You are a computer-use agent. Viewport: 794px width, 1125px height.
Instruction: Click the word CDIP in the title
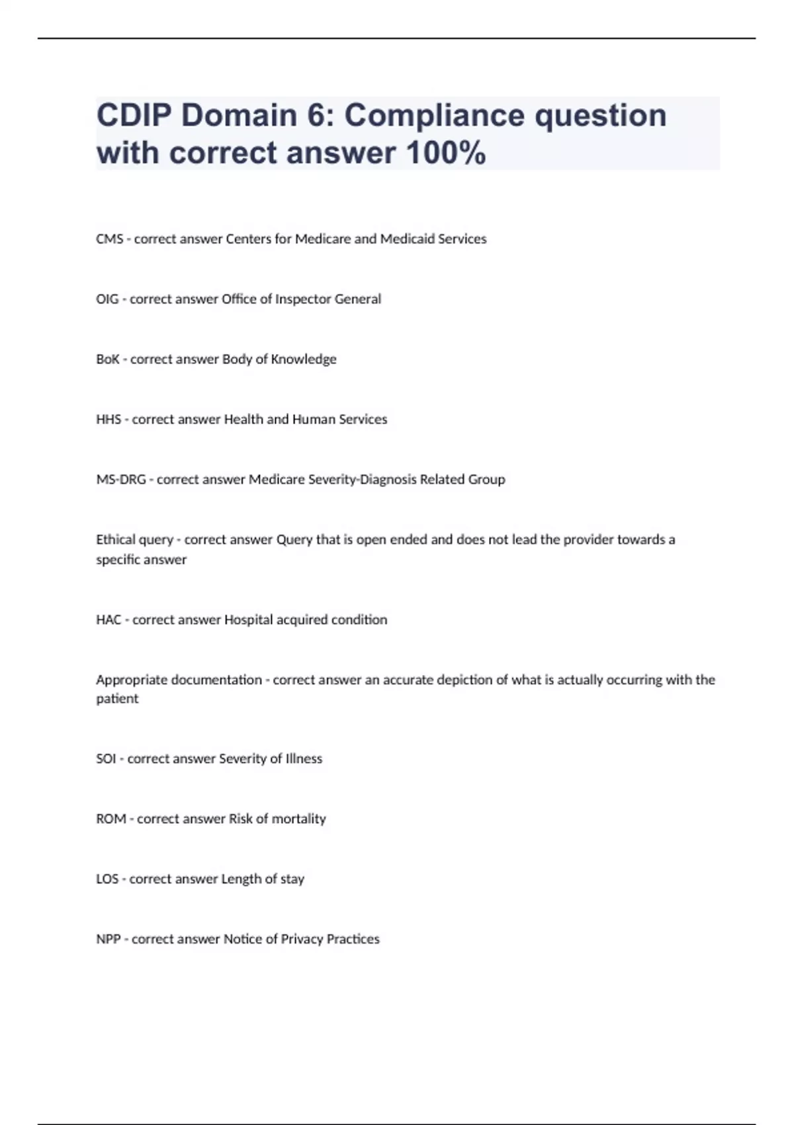point(133,116)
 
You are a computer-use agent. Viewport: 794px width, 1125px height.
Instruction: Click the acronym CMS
point(109,239)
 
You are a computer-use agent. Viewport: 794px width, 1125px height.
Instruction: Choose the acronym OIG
point(107,299)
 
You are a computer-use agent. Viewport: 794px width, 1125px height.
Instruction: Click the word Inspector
point(302,299)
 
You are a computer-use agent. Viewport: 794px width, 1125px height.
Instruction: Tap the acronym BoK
point(108,359)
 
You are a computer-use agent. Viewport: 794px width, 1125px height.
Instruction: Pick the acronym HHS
point(109,420)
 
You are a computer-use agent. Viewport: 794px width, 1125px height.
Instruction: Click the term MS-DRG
point(121,480)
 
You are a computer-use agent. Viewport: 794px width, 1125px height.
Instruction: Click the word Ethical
point(115,540)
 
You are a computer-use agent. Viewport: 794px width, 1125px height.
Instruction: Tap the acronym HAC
point(109,620)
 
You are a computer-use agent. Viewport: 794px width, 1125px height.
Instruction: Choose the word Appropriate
point(131,680)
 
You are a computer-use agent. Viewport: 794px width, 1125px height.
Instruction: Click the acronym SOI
point(106,759)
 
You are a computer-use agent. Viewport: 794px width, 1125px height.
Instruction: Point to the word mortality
point(299,819)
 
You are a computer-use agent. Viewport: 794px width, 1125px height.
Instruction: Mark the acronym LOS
point(107,879)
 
